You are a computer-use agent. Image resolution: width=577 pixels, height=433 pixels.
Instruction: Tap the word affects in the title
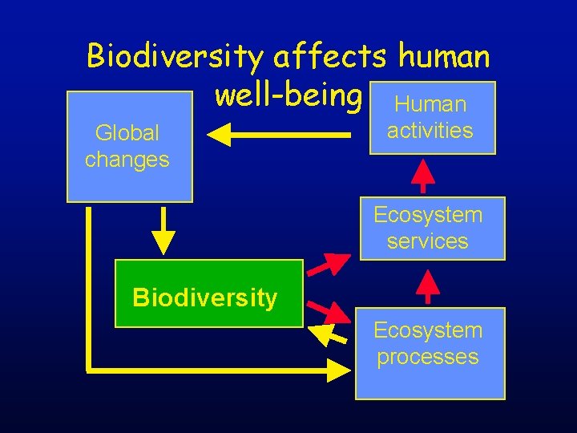(x=329, y=56)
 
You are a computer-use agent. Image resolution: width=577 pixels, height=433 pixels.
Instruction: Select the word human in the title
(x=444, y=56)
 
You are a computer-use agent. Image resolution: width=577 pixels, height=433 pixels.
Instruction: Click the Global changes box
(x=129, y=146)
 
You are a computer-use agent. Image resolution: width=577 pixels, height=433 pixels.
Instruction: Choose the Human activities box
(x=430, y=118)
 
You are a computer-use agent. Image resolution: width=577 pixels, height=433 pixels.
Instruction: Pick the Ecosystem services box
(x=432, y=229)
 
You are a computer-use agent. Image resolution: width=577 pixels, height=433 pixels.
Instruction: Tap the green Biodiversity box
(x=208, y=293)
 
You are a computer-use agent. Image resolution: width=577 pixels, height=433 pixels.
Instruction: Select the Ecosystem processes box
(x=430, y=353)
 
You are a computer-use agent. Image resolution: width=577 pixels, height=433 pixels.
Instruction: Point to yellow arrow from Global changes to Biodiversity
(x=163, y=231)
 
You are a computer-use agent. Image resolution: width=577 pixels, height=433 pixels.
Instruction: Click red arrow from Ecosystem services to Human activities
(x=423, y=176)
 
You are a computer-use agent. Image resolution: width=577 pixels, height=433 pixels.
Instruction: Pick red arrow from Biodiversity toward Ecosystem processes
(x=329, y=310)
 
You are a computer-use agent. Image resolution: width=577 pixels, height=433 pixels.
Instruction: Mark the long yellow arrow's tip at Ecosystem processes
(x=340, y=370)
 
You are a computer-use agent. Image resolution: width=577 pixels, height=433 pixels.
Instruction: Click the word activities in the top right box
(x=430, y=130)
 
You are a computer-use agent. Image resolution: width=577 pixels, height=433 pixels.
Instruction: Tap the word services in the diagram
(x=427, y=241)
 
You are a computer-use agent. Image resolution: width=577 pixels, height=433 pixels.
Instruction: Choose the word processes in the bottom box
(x=428, y=357)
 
